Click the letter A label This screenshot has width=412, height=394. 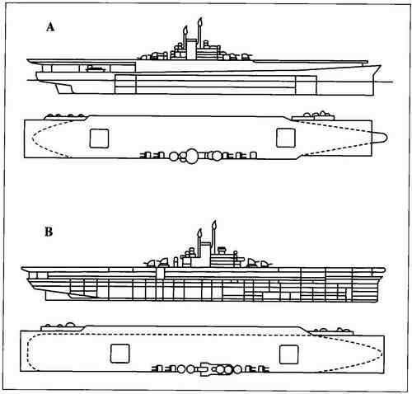pyautogui.click(x=50, y=27)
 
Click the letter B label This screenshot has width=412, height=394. pyautogui.click(x=49, y=232)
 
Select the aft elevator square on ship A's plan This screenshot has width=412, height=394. pyautogui.click(x=99, y=138)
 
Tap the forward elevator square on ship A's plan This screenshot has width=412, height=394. pyautogui.click(x=286, y=138)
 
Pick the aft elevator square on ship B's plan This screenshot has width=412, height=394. pyautogui.click(x=119, y=354)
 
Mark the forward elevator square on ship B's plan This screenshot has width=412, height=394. pyautogui.click(x=288, y=354)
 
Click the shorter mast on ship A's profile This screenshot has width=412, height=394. pyautogui.click(x=185, y=36)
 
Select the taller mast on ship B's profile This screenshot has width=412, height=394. pyautogui.click(x=213, y=235)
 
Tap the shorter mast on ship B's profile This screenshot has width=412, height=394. pyautogui.click(x=199, y=238)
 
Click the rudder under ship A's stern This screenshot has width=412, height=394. pyautogui.click(x=64, y=88)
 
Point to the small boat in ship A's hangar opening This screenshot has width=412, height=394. pyautogui.click(x=96, y=68)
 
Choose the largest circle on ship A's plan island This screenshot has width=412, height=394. pyautogui.click(x=192, y=156)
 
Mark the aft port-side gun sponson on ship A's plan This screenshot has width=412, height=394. pyautogui.click(x=66, y=117)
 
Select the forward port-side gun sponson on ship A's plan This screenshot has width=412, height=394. pyautogui.click(x=313, y=116)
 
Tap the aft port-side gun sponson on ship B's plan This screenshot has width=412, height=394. pyautogui.click(x=63, y=327)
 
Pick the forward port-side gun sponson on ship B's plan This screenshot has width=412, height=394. pyautogui.click(x=332, y=331)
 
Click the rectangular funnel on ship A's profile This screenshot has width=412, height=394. pyautogui.click(x=191, y=49)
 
